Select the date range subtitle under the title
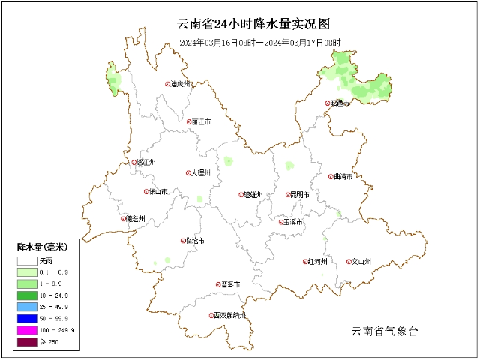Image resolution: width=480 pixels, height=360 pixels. (259, 43)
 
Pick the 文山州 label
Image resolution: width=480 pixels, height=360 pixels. (361, 262)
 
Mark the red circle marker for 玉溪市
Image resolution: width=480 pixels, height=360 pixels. (282, 222)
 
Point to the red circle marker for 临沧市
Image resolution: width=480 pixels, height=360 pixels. (183, 241)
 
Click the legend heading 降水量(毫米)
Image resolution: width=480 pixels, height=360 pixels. (43, 247)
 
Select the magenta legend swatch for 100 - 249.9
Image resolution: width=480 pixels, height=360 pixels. (28, 331)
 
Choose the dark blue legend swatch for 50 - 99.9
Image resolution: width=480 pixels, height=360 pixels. (28, 319)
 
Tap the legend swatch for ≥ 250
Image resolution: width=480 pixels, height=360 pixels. (28, 343)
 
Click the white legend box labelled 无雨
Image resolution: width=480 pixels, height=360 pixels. (28, 259)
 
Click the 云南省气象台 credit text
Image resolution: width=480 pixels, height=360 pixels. (384, 331)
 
